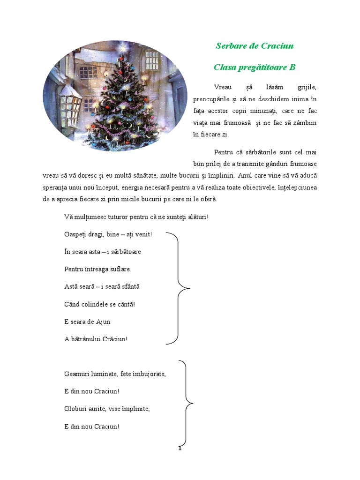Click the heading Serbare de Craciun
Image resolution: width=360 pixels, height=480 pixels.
tap(255, 46)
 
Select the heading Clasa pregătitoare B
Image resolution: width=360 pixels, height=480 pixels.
tap(255, 67)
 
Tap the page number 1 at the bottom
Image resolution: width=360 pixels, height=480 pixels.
tap(180, 449)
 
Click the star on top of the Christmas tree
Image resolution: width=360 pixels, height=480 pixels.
tap(123, 47)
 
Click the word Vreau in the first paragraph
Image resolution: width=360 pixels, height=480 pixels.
tap(223, 87)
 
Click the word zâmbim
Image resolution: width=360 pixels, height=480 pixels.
tap(305, 123)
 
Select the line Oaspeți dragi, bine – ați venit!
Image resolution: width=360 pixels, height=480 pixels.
tap(108, 234)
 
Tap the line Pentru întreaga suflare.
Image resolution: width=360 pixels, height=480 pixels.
tap(97, 269)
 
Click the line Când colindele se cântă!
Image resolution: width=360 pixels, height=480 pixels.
tap(99, 304)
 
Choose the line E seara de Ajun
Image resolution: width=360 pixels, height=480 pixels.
tap(87, 322)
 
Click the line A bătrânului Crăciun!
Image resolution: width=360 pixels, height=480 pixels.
tap(96, 339)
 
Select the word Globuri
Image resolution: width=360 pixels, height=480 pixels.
tap(76, 409)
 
